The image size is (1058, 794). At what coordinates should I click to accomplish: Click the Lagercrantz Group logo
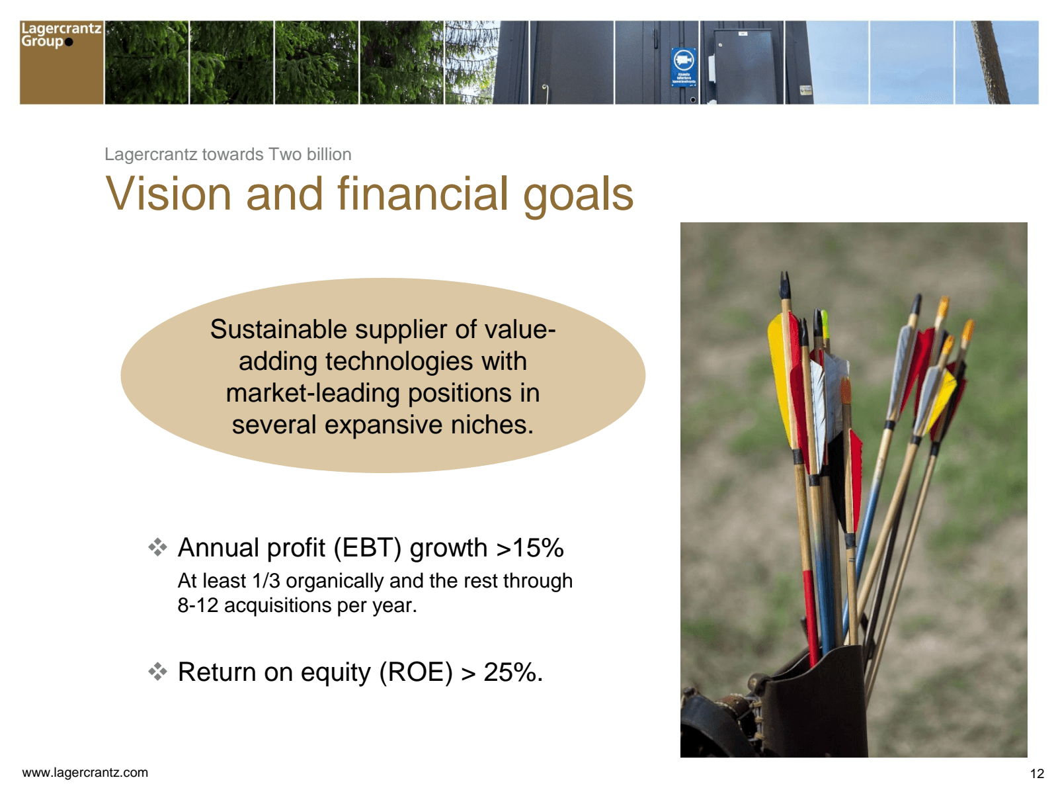[x=61, y=62]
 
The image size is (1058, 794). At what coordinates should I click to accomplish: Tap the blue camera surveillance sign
[x=684, y=67]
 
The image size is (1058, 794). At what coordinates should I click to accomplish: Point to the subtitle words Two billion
[x=310, y=154]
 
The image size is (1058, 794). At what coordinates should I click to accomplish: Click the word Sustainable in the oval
[x=278, y=330]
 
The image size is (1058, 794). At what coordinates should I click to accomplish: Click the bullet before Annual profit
[x=157, y=548]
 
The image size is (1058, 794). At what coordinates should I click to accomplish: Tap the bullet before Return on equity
[x=157, y=672]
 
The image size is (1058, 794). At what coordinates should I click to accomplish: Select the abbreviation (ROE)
[x=416, y=672]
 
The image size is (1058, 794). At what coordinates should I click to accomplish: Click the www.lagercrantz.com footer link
[x=85, y=772]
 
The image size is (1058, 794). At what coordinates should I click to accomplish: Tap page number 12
[x=1037, y=773]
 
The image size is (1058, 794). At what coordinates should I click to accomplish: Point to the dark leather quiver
[x=819, y=704]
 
